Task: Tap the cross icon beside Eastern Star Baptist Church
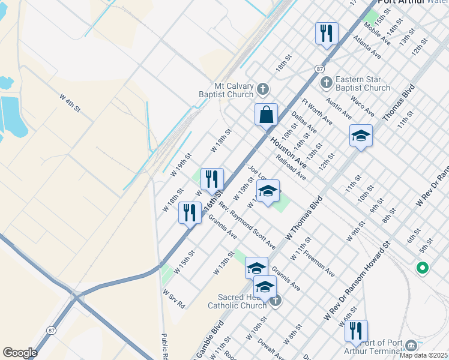(x=326, y=82)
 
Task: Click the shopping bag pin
(x=266, y=114)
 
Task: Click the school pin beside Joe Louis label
(x=268, y=191)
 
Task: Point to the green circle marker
(x=422, y=268)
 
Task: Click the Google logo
(x=20, y=353)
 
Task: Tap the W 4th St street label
(x=70, y=103)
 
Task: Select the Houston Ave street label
(x=288, y=153)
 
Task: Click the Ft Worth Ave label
(x=317, y=112)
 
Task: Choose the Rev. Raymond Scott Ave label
(x=247, y=226)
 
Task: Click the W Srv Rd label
(x=174, y=299)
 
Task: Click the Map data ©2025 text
(x=423, y=355)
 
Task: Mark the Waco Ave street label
(x=362, y=106)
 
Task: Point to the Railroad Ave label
(x=291, y=167)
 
